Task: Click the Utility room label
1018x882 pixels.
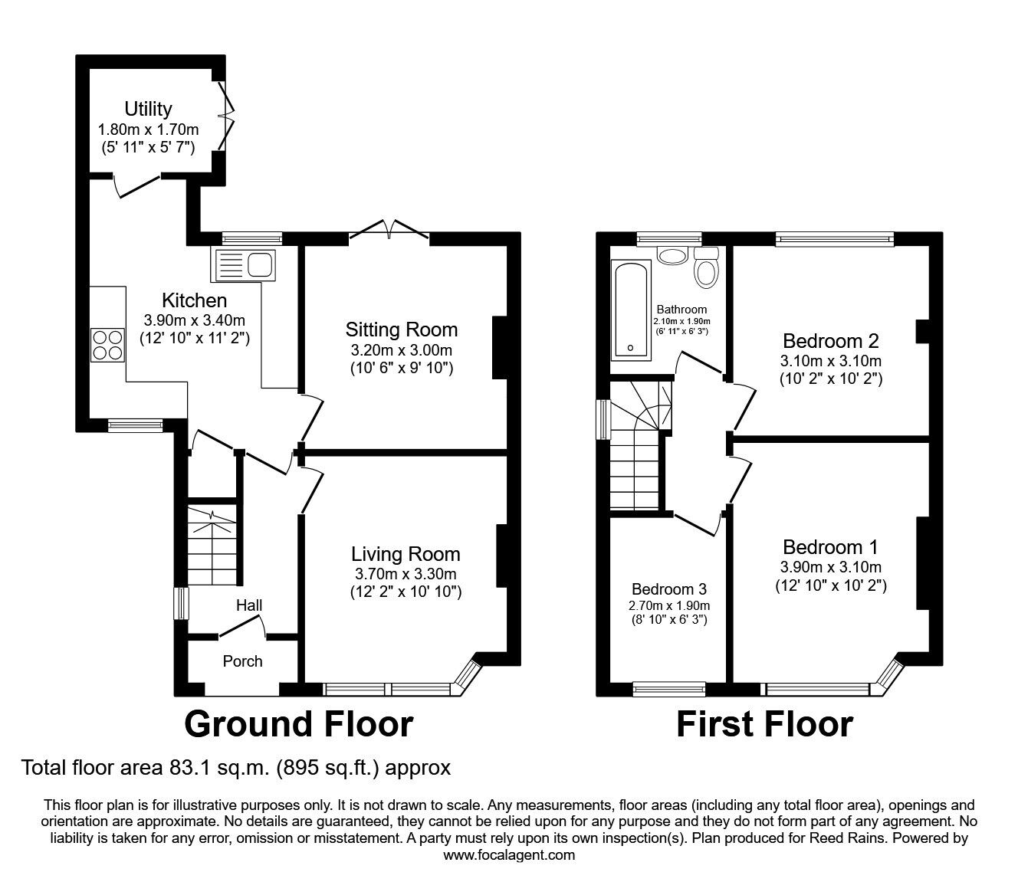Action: [149, 109]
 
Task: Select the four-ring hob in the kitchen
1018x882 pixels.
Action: [107, 344]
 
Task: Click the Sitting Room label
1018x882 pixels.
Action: [401, 330]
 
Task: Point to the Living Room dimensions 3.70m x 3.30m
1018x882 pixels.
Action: [406, 573]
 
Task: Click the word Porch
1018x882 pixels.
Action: [242, 661]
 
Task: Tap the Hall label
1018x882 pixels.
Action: [249, 605]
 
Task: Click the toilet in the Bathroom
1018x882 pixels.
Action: [705, 267]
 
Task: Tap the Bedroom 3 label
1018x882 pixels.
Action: [668, 589]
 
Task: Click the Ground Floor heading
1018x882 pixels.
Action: [299, 724]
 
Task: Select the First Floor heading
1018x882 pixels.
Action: [764, 724]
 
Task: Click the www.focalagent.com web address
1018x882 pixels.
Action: [509, 855]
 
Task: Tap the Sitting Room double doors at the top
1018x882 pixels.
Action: [390, 228]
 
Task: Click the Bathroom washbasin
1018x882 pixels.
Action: [672, 255]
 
